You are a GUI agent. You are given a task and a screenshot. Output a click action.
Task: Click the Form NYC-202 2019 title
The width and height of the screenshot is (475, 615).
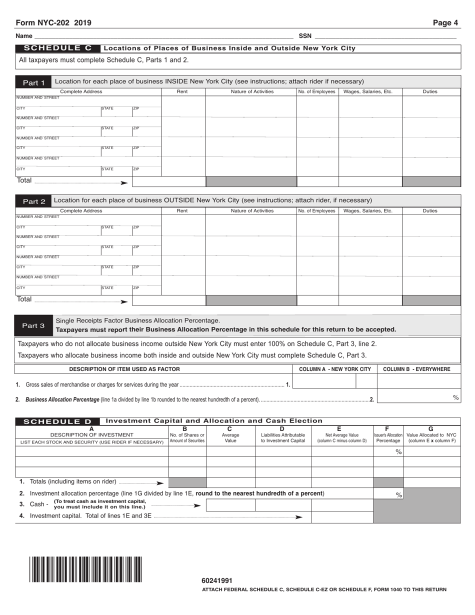point(53,23)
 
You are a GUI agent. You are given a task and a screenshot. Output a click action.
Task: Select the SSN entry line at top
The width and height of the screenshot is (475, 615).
point(385,35)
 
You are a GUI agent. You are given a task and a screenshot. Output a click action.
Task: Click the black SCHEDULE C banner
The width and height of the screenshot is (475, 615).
point(57,48)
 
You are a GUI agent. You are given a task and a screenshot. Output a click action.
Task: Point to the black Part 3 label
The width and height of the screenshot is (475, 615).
point(33,325)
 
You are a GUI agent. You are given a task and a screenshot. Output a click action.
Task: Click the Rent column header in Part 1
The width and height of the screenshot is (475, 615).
point(182,91)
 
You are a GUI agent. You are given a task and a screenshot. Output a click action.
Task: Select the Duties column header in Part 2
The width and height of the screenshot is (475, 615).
point(430,211)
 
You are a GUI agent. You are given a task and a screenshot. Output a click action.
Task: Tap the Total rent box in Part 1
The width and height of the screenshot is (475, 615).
point(168,181)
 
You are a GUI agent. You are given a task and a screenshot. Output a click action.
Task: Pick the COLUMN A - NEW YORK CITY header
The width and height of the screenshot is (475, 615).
point(334,369)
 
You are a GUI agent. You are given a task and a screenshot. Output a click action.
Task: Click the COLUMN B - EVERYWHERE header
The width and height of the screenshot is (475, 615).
point(416,369)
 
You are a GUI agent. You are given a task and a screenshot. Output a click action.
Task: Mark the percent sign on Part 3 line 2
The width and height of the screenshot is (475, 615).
point(455,397)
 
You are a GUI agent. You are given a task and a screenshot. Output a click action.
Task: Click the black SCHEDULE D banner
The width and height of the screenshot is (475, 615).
point(57,421)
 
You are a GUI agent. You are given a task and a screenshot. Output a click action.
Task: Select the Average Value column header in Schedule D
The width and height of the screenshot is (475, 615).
point(230,435)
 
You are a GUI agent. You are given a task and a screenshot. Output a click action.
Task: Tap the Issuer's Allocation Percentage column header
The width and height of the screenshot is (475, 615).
point(388,435)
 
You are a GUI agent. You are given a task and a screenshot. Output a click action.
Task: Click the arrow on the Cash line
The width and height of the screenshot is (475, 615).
point(197,505)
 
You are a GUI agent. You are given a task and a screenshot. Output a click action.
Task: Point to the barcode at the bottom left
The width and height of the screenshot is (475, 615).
point(85,569)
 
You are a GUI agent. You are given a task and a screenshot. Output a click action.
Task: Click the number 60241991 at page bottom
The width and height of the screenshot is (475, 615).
point(217,580)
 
